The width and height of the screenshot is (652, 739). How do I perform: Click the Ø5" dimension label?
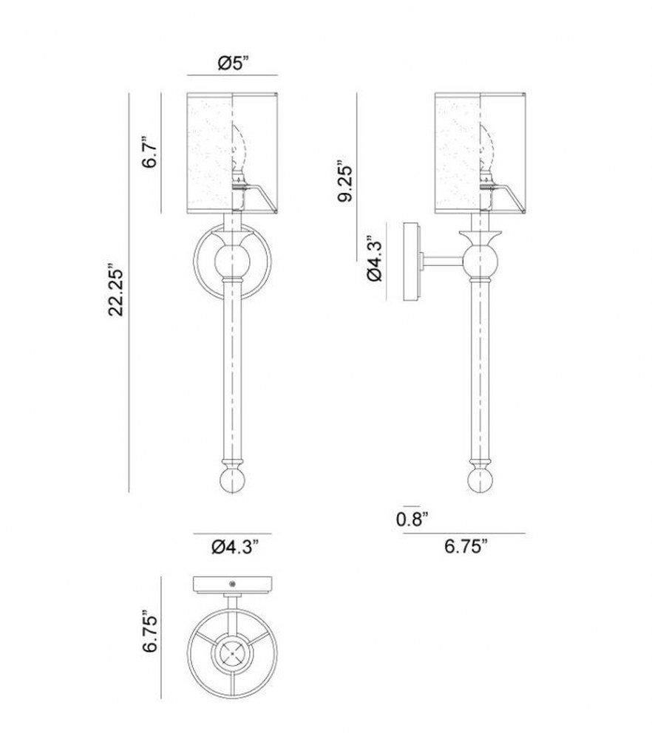(233, 62)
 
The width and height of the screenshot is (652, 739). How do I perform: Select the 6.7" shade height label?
(150, 152)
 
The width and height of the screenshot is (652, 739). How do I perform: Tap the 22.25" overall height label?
(115, 290)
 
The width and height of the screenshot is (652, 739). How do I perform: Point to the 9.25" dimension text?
(345, 183)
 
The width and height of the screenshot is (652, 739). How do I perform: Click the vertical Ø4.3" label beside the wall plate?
(375, 258)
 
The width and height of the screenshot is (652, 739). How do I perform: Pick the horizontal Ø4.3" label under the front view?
(235, 547)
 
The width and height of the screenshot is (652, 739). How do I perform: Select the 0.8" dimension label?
(412, 519)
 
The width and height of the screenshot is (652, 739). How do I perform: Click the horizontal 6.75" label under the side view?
(465, 547)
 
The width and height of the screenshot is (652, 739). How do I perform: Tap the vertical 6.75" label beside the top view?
(150, 633)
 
